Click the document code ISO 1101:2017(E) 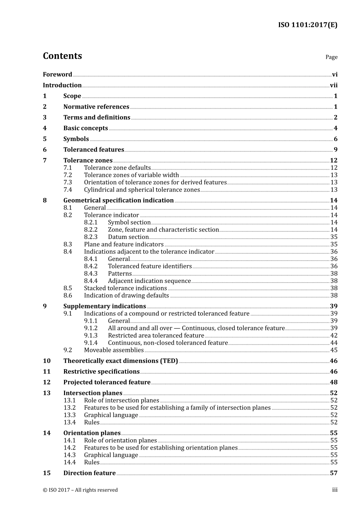click(x=307, y=25)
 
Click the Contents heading click(x=62, y=56)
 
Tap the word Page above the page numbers click(x=331, y=57)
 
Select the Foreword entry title click(x=57, y=75)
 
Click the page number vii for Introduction click(x=333, y=86)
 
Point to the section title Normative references click(x=96, y=107)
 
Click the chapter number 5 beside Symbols click(x=45, y=139)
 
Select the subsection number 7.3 click(x=67, y=183)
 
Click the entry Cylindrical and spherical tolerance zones click(x=142, y=190)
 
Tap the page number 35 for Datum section click(x=334, y=237)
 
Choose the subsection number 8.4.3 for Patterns click(x=91, y=274)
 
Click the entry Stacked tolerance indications click(x=125, y=288)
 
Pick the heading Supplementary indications click(x=105, y=306)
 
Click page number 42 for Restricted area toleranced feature click(x=334, y=336)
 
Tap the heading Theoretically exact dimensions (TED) click(x=121, y=361)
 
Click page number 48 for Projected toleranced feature click(x=333, y=383)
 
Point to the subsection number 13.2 click(x=69, y=408)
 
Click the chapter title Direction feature click(x=89, y=473)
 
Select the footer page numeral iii click(x=335, y=490)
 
